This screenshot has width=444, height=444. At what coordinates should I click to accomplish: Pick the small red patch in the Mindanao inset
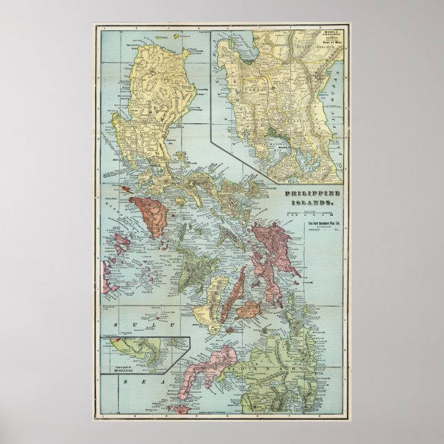pos(117,340)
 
